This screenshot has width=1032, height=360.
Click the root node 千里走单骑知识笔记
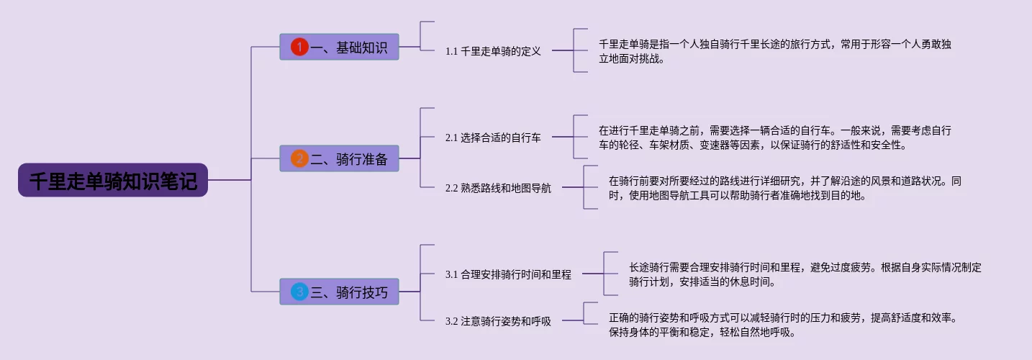(113, 180)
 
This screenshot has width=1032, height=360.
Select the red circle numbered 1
(299, 47)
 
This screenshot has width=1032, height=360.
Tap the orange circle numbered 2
(299, 158)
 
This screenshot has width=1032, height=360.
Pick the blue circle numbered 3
(299, 292)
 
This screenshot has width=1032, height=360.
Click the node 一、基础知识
(339, 47)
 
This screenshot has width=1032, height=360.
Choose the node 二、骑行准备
(339, 158)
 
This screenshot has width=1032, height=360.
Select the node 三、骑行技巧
(339, 292)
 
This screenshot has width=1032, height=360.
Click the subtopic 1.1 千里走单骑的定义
(493, 51)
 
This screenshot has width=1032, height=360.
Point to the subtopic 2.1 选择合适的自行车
(493, 138)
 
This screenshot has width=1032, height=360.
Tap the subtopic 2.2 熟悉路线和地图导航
(498, 188)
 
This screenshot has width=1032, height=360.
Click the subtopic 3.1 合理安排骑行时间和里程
(508, 274)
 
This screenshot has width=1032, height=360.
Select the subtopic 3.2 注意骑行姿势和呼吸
(498, 321)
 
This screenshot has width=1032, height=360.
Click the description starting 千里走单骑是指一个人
(775, 51)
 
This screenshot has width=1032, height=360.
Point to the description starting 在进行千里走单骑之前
(775, 138)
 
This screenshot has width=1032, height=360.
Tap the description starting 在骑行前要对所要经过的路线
(785, 188)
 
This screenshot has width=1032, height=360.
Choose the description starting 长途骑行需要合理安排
(805, 274)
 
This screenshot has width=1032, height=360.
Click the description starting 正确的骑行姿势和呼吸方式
(783, 325)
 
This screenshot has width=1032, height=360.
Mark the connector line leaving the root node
(230, 180)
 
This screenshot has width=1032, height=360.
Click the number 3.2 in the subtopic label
(451, 321)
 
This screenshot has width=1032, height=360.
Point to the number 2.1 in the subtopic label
(451, 138)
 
